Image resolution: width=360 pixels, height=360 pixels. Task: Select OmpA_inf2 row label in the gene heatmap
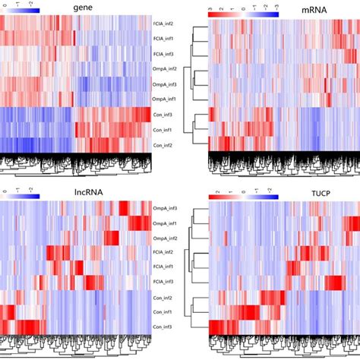(166, 68)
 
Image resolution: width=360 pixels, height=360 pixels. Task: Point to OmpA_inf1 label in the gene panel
(166, 97)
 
